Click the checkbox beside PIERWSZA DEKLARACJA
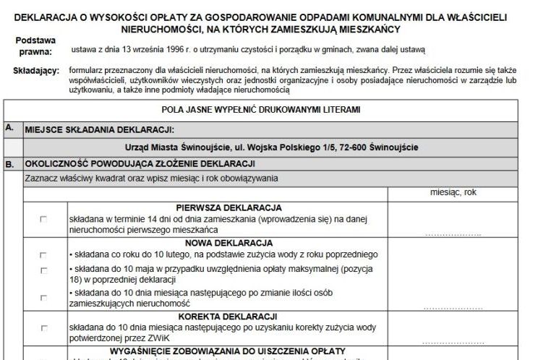click(x=43, y=220)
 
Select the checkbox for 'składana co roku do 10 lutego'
click(x=43, y=255)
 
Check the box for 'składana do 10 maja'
click(x=43, y=270)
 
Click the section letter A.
click(x=9, y=127)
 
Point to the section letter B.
click(x=9, y=164)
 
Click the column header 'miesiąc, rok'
click(x=453, y=193)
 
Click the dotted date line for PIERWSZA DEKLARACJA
click(x=453, y=234)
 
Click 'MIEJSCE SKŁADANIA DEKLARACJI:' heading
click(x=100, y=130)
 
